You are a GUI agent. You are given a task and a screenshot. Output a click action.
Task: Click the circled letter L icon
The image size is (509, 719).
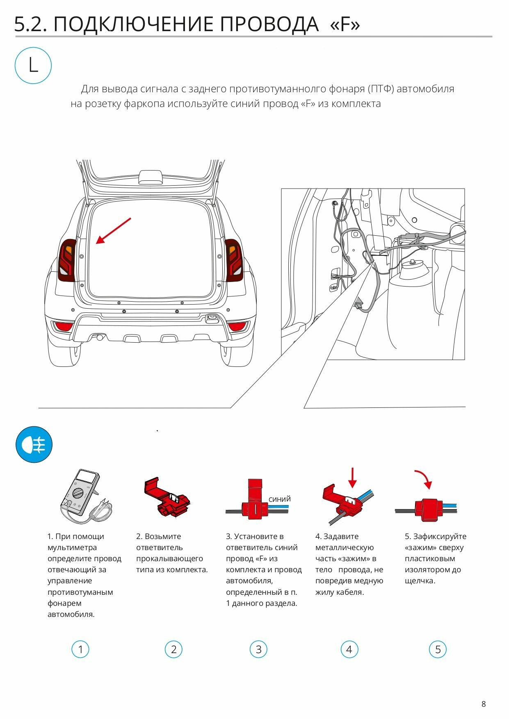pos(33,66)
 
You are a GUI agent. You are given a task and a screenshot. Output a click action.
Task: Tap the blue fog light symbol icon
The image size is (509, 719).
pos(34,444)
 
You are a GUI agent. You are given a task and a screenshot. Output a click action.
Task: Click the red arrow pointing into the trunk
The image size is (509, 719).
pos(113,231)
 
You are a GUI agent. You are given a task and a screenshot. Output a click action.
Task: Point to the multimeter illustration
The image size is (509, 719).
pos(84,497)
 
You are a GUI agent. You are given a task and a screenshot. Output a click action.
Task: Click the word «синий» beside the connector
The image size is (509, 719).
pos(280,499)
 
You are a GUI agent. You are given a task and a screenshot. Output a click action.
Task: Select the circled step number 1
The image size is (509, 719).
pos(80,649)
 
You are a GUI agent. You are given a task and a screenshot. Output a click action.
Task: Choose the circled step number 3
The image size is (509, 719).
pos(258,649)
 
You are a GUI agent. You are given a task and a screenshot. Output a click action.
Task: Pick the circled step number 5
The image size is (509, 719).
pos(438,649)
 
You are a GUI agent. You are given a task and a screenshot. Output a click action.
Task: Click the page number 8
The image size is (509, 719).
pos(484,704)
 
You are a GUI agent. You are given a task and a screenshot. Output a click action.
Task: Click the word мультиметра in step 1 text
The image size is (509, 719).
pos(72,547)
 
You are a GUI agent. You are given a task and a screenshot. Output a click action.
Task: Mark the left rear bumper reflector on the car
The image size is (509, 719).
pos(63,327)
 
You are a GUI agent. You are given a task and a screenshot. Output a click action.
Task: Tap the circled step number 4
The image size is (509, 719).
pos(349,649)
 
